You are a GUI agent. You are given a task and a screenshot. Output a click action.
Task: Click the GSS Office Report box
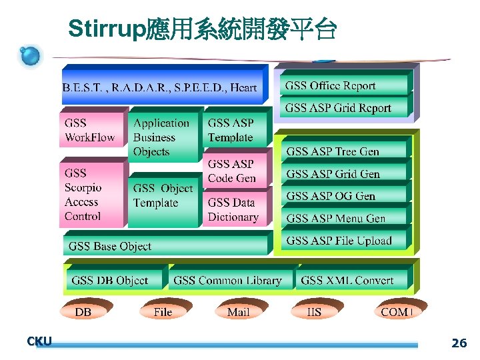click(343, 85)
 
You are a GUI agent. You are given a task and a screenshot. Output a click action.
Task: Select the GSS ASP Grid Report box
click(343, 107)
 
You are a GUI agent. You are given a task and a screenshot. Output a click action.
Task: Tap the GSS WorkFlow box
click(93, 130)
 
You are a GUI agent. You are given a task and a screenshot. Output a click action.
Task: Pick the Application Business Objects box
click(163, 137)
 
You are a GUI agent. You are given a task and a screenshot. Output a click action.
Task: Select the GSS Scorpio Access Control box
click(92, 194)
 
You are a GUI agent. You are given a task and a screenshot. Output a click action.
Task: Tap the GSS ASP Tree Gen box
click(343, 151)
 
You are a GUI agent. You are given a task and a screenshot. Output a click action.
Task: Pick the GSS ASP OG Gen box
click(343, 196)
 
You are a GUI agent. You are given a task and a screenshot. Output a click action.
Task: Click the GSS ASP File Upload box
click(343, 241)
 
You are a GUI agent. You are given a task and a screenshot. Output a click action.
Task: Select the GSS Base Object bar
click(167, 246)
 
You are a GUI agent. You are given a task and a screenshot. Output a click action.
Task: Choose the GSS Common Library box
click(230, 280)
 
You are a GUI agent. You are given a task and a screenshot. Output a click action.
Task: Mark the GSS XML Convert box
click(351, 280)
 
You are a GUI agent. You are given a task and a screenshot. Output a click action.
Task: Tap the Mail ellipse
click(238, 312)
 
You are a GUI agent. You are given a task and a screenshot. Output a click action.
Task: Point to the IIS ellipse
click(314, 312)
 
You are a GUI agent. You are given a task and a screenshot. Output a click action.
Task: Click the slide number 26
click(459, 343)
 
